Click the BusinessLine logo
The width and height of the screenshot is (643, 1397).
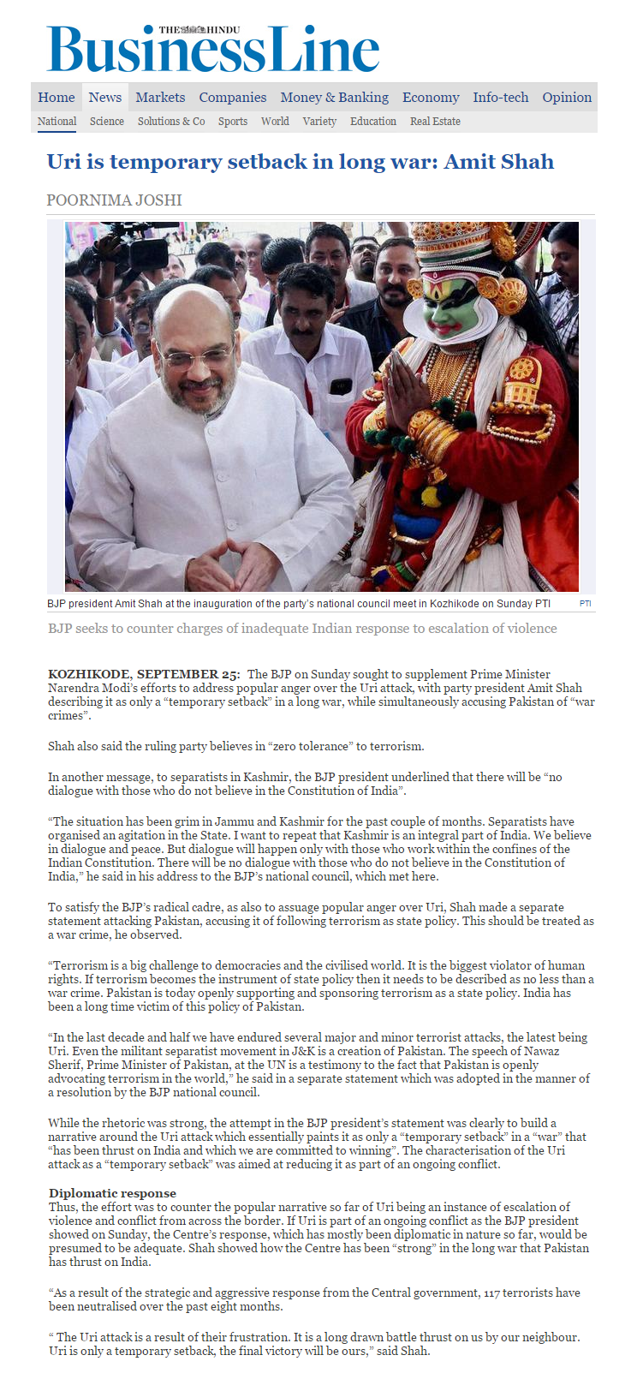pos(212,50)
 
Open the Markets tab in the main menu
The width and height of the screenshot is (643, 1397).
pos(160,98)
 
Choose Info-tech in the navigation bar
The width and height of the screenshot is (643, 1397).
pos(501,98)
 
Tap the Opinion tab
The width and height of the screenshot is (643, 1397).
pos(567,98)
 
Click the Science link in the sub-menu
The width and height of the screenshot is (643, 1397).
pos(107,122)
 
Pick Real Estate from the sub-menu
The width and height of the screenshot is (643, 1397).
pos(435,122)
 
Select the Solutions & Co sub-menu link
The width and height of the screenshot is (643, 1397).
pos(171,122)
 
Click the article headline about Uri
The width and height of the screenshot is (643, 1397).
pos(301,162)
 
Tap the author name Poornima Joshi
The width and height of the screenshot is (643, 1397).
pos(114,200)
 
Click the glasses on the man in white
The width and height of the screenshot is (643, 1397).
pos(195,353)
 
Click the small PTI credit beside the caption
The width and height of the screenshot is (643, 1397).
pos(585,604)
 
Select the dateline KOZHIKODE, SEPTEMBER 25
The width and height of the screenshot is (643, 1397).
pos(143,675)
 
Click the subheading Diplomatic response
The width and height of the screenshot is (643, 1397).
pos(112,1193)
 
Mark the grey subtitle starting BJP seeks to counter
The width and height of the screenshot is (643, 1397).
pos(302,629)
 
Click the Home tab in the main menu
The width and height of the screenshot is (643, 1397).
pos(57,98)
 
